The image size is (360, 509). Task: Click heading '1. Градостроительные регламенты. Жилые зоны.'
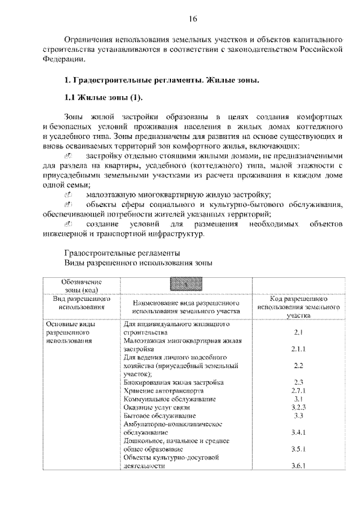pyautogui.click(x=162, y=82)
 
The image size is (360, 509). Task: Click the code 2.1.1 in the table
pyautogui.click(x=298, y=349)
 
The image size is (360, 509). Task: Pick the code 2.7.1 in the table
pyautogui.click(x=298, y=390)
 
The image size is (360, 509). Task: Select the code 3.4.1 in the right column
pyautogui.click(x=298, y=433)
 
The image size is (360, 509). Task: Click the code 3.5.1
pyautogui.click(x=298, y=450)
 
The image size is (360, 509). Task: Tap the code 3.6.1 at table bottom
pyautogui.click(x=298, y=467)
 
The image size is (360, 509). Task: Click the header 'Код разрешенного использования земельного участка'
pyautogui.click(x=298, y=309)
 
